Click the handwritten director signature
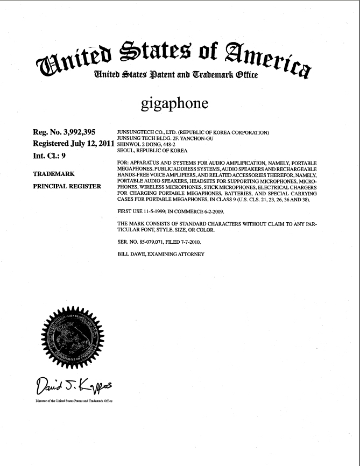point(70,385)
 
